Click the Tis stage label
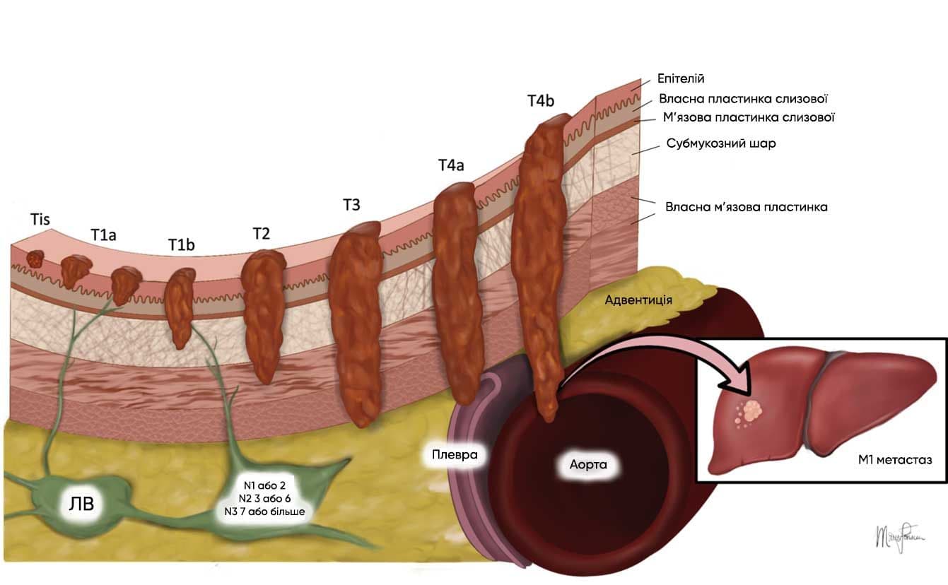(x=40, y=220)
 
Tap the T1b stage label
(x=181, y=244)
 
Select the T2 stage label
(x=260, y=233)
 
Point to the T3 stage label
(x=351, y=205)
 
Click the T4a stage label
(x=450, y=165)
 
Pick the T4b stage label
(x=540, y=100)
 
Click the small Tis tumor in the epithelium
(x=35, y=259)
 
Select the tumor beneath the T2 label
(x=264, y=311)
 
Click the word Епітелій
(x=681, y=78)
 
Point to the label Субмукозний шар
(x=721, y=143)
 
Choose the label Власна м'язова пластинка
(x=746, y=207)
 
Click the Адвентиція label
(x=638, y=300)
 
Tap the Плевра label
(x=455, y=454)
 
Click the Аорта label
(x=589, y=465)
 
